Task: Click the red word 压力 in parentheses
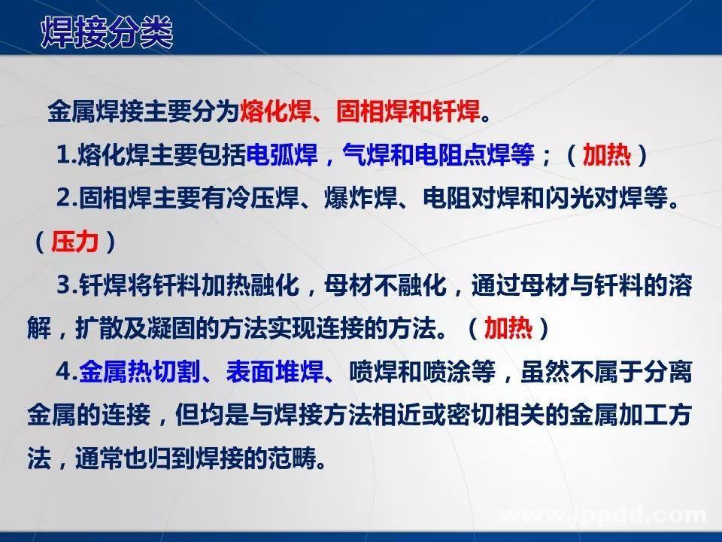coord(74,242)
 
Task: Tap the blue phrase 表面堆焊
coord(282,371)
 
